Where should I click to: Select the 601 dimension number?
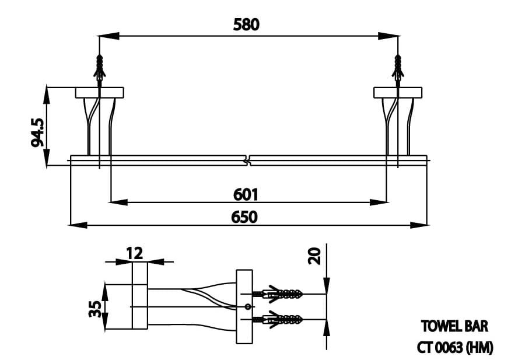[246, 193]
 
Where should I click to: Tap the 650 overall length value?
[244, 216]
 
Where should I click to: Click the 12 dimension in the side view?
[134, 253]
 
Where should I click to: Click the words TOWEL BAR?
[454, 326]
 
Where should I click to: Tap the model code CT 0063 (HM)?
[455, 347]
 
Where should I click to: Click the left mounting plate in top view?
[99, 92]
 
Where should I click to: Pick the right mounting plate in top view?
[397, 92]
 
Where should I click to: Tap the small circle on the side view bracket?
[247, 306]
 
